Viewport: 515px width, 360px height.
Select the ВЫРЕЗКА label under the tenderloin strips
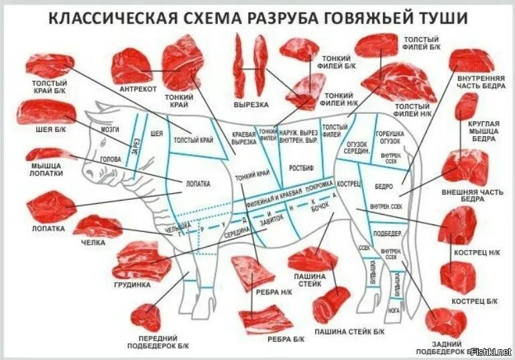point(251,105)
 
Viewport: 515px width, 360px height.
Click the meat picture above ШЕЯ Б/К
point(45,112)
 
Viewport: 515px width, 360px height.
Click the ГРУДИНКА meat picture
point(142,261)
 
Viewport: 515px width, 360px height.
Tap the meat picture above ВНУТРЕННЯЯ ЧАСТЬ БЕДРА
point(471,61)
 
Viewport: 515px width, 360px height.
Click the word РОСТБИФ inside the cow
point(301,166)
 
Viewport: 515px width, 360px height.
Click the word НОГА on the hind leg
point(395,310)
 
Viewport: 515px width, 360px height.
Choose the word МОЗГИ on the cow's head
point(111,129)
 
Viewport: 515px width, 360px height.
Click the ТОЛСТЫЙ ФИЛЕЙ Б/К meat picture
point(377,46)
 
